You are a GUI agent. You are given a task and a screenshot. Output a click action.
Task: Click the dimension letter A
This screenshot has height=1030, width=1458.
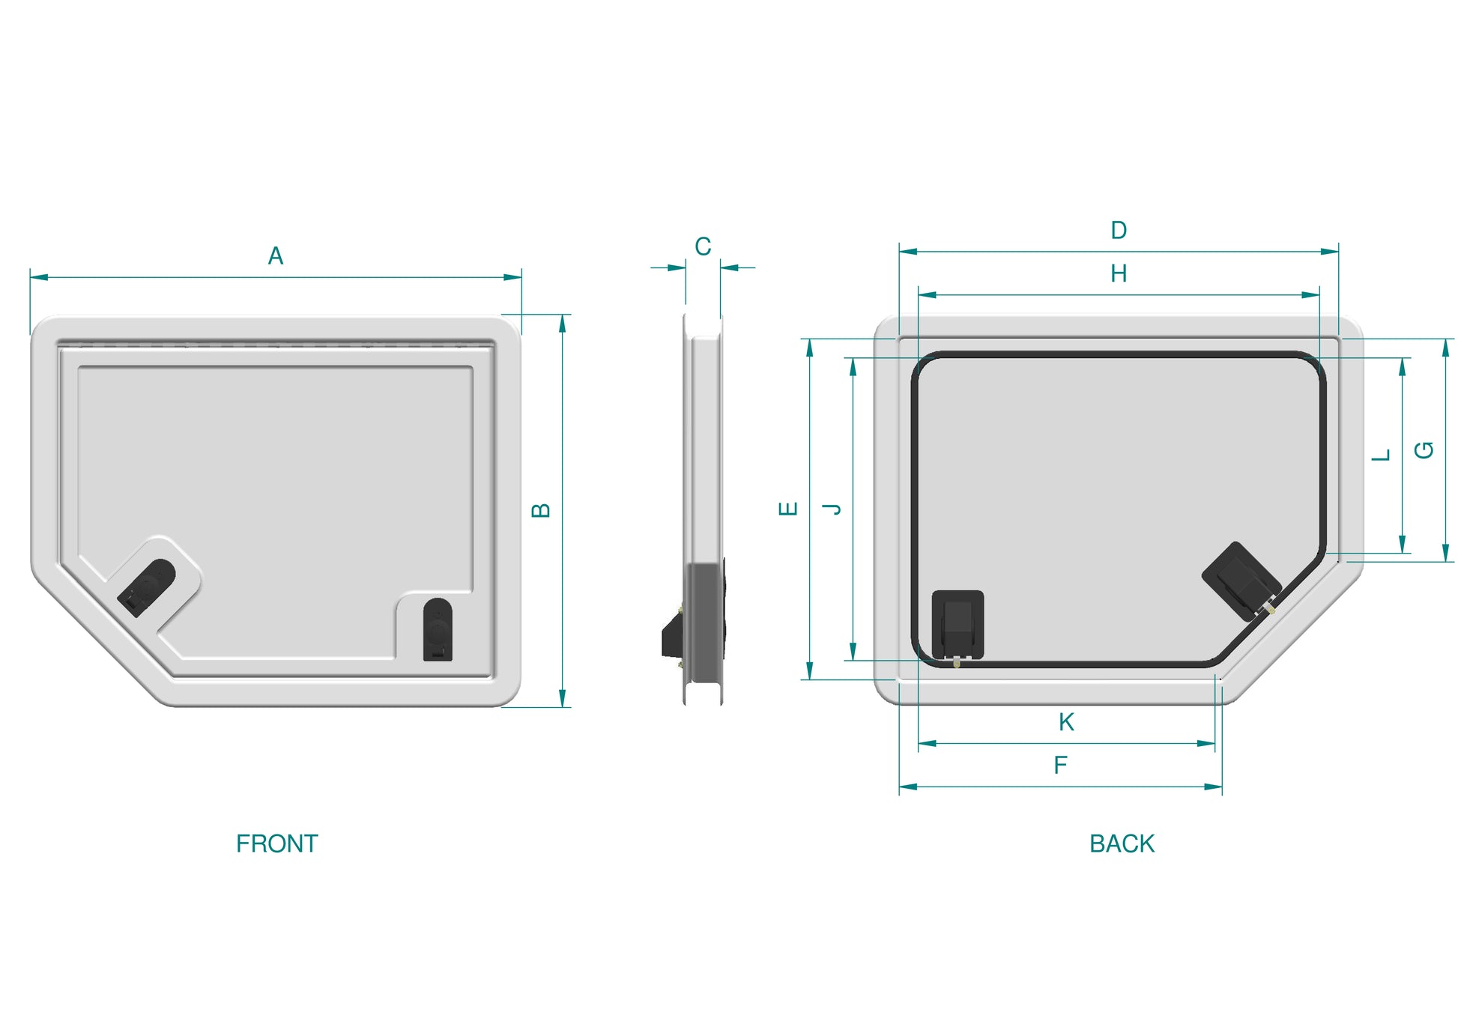(x=275, y=256)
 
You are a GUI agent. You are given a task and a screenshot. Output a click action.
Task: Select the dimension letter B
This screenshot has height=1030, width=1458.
(x=540, y=510)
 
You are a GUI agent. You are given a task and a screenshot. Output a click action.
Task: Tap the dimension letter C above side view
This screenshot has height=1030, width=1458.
(x=702, y=246)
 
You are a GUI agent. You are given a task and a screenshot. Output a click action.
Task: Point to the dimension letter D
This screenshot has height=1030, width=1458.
(x=1118, y=230)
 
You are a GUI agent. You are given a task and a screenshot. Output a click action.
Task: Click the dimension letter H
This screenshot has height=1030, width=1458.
(x=1118, y=273)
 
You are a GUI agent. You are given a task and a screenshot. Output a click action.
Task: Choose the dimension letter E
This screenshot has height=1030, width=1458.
(x=788, y=509)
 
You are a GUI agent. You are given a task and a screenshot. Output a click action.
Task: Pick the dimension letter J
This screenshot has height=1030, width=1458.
(x=832, y=509)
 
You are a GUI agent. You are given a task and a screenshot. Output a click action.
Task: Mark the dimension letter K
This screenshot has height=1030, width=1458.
(x=1066, y=722)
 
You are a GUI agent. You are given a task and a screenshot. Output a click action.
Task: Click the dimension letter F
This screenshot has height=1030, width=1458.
(x=1060, y=766)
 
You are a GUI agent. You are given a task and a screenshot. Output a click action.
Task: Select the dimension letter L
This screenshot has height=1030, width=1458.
(x=1381, y=455)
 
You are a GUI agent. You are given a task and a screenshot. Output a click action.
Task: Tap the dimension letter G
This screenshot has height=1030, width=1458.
(x=1424, y=450)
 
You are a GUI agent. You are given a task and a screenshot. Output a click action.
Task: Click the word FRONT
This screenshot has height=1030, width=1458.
(x=276, y=843)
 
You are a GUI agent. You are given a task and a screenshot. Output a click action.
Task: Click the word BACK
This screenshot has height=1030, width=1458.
(x=1122, y=843)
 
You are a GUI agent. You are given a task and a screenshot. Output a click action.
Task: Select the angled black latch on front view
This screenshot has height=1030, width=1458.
(x=146, y=588)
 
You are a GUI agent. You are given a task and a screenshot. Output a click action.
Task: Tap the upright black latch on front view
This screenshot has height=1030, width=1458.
(x=438, y=629)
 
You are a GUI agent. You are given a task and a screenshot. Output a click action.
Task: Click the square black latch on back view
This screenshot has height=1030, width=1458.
(x=958, y=624)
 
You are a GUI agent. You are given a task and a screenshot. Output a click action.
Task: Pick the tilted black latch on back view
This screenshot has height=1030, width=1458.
(x=1240, y=581)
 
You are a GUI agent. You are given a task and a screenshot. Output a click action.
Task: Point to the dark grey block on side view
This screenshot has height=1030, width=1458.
(x=704, y=622)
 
